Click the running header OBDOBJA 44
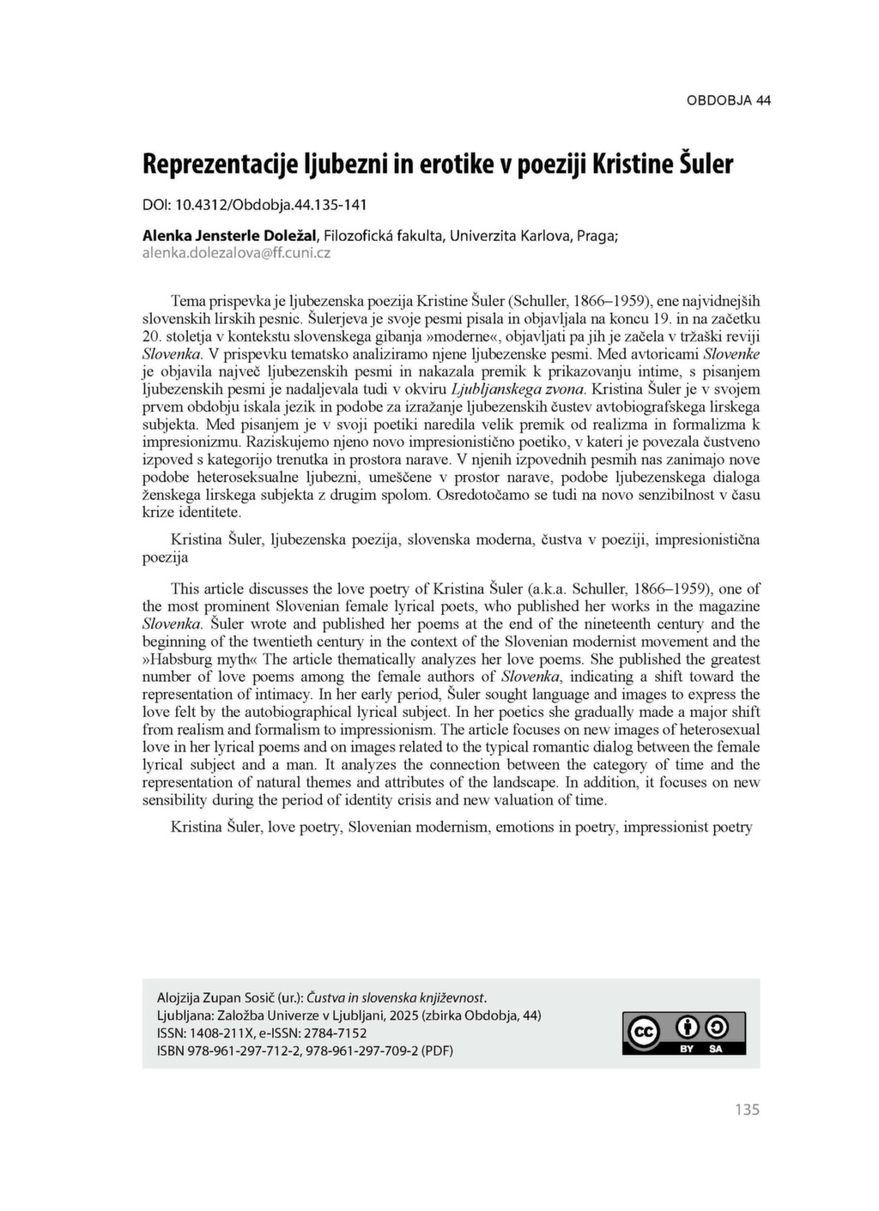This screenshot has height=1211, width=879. [x=728, y=100]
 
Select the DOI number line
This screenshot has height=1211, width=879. [x=254, y=205]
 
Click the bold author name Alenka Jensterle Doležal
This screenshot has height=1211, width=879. [x=230, y=235]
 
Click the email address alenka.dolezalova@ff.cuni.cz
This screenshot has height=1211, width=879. [x=236, y=253]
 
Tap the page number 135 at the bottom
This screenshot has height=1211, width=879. [x=747, y=1110]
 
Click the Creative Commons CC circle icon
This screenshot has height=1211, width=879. [x=644, y=1033]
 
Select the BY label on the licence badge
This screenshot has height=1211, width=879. [x=687, y=1049]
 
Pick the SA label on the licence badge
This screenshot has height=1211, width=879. [x=715, y=1049]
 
